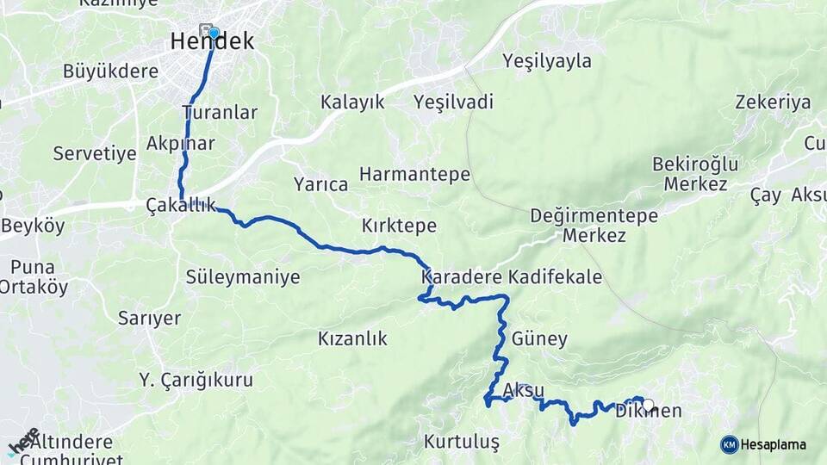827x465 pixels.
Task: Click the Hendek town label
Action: [212, 41]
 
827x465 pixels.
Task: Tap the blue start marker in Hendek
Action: [214, 33]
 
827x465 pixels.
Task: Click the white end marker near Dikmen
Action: [648, 404]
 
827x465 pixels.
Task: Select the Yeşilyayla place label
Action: [548, 61]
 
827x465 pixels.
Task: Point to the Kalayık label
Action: [352, 102]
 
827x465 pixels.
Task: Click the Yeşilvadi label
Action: [453, 102]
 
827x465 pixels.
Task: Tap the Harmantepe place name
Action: [414, 175]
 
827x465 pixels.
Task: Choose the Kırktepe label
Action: [399, 226]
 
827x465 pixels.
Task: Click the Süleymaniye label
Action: [243, 277]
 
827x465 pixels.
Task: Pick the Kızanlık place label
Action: [352, 338]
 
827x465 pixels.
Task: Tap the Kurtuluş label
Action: [462, 442]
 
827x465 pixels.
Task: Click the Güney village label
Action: [539, 338]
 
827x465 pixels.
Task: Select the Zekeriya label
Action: [773, 102]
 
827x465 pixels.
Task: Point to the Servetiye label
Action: [95, 154]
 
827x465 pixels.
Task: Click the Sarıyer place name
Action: [149, 319]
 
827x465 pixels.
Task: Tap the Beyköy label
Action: [33, 226]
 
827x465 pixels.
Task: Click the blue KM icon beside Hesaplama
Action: [729, 444]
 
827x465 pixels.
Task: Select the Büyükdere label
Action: [110, 71]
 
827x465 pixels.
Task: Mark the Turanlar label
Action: [220, 113]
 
